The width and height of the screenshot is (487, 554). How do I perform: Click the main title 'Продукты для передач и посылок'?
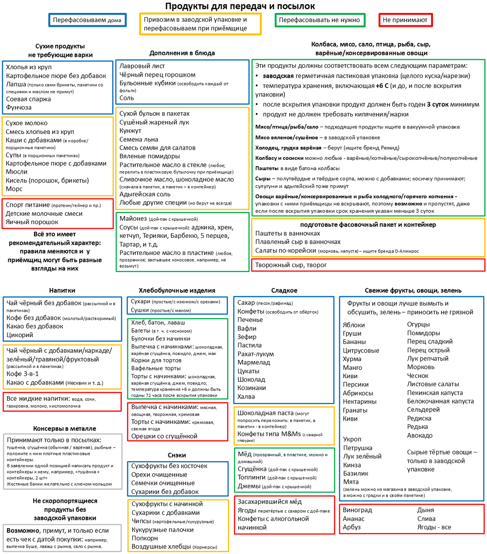(240, 6)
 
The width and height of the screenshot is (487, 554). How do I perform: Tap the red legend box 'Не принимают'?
(406, 20)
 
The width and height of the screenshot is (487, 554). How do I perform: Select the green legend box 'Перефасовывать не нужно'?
(319, 20)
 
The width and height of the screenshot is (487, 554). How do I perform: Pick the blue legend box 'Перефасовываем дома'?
(87, 20)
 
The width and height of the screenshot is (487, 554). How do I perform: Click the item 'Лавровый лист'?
(142, 66)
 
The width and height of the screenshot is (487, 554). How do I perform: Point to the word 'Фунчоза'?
(19, 108)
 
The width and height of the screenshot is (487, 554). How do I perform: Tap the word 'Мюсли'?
(17, 172)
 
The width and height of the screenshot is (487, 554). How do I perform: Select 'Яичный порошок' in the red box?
(28, 222)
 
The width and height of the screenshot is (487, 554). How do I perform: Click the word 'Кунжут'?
(131, 131)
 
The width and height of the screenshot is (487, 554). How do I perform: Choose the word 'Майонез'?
(133, 218)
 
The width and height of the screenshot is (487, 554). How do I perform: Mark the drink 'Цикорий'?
(20, 335)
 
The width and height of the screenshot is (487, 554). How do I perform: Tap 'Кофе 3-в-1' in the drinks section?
(23, 374)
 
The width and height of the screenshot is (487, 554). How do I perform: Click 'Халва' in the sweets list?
(246, 397)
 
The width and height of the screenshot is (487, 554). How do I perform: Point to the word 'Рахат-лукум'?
(256, 354)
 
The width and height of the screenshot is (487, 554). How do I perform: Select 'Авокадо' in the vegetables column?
(420, 435)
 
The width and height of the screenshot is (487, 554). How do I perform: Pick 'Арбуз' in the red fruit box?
(352, 527)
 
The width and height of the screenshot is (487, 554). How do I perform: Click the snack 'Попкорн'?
(145, 538)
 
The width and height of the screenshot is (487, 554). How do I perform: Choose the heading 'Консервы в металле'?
(65, 428)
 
